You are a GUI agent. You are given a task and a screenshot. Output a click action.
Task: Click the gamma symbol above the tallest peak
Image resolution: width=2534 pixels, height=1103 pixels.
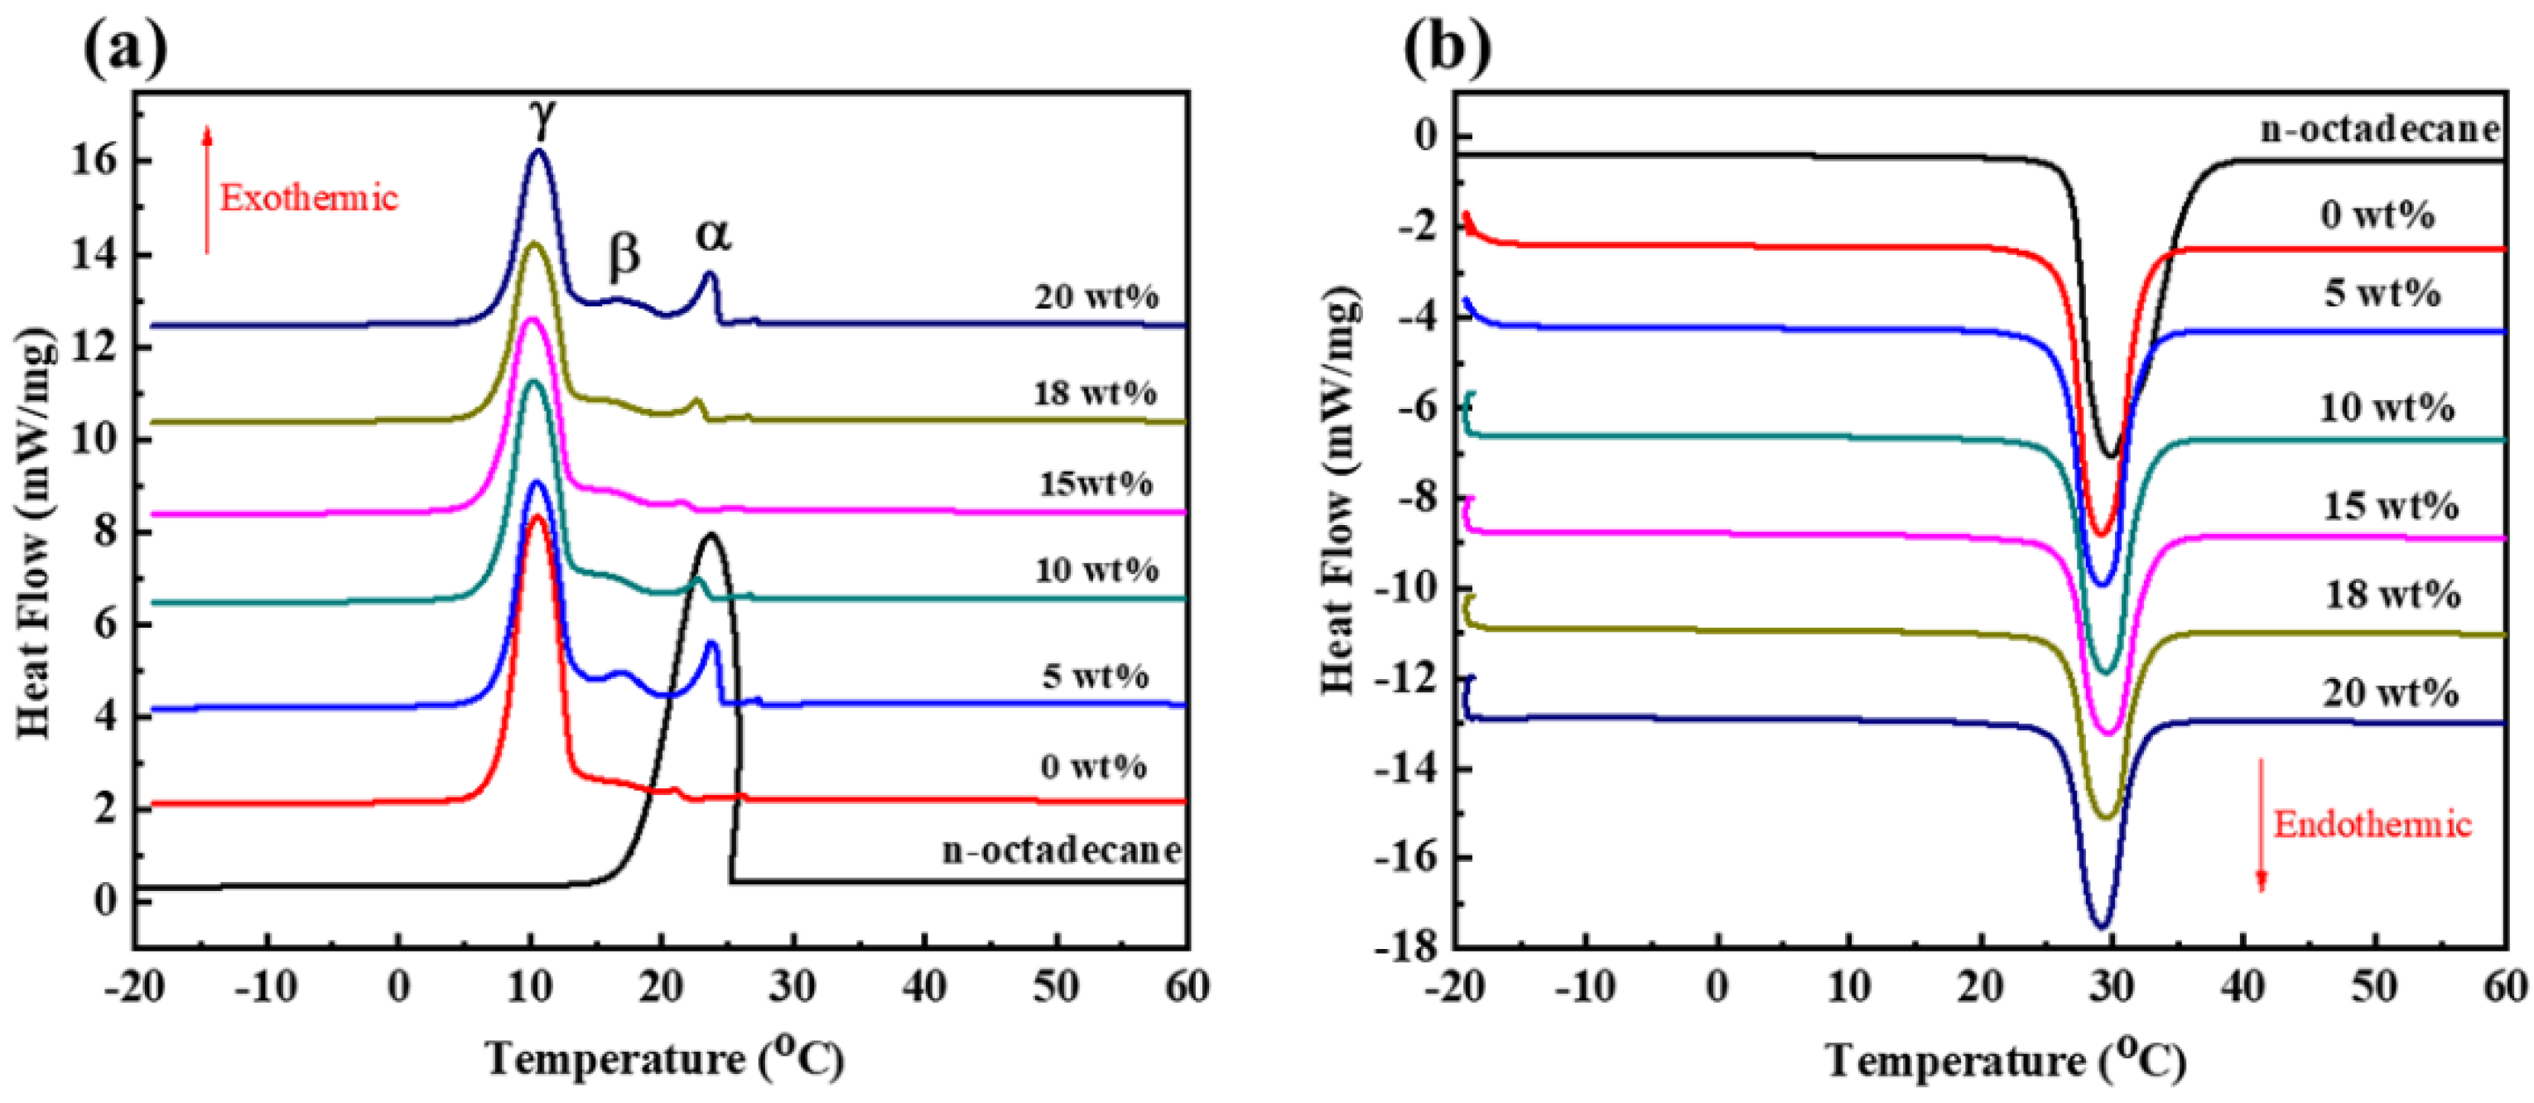click(542, 119)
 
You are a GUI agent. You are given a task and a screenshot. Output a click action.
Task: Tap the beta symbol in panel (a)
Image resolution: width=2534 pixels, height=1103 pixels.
click(624, 254)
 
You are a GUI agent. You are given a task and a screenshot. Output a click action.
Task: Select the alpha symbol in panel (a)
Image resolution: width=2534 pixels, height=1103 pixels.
click(713, 235)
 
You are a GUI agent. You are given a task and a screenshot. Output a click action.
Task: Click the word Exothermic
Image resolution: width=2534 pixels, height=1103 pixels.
click(308, 198)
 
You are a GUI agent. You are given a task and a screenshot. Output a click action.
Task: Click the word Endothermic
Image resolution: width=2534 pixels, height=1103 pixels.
click(2372, 824)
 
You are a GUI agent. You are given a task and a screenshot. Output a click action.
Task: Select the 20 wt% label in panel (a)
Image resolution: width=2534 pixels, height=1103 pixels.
click(1096, 297)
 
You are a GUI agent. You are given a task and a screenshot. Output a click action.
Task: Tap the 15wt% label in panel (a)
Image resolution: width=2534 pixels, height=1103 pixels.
click(1096, 484)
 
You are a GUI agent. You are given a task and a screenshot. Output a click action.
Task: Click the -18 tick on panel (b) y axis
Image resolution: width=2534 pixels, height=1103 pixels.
click(1409, 946)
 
